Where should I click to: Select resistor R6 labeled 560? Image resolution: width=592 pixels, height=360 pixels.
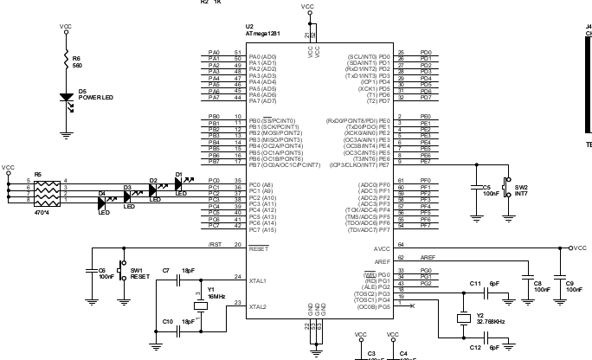pyautogui.click(x=67, y=58)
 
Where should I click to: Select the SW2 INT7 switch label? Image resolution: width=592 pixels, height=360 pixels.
pyautogui.click(x=522, y=190)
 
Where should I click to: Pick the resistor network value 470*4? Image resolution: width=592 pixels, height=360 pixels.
pyautogui.click(x=43, y=211)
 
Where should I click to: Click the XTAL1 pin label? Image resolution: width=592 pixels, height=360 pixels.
pyautogui.click(x=258, y=280)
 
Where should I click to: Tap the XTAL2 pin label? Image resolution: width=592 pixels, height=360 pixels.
pyautogui.click(x=258, y=306)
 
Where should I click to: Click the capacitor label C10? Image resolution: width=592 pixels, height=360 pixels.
pyautogui.click(x=168, y=321)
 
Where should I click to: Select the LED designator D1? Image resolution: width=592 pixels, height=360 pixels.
pyautogui.click(x=179, y=174)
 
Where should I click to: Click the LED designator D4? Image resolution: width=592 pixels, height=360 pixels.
pyautogui.click(x=101, y=193)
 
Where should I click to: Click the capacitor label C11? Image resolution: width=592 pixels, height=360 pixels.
pyautogui.click(x=474, y=283)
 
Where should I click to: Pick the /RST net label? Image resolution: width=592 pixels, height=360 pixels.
pyautogui.click(x=214, y=245)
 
